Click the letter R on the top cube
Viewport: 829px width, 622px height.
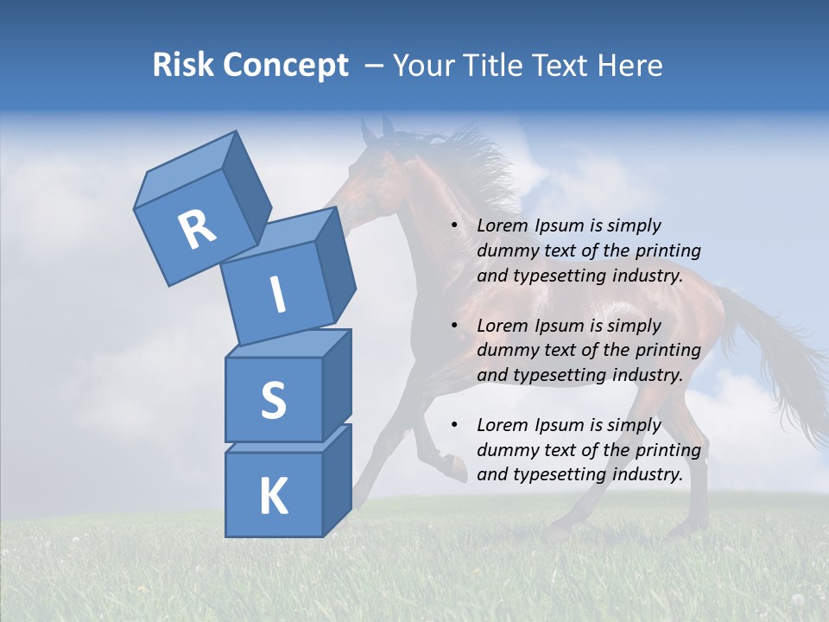click(197, 230)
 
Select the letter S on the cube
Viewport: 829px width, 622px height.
click(273, 400)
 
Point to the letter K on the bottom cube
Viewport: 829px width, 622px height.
click(273, 497)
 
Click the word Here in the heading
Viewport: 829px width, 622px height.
click(630, 66)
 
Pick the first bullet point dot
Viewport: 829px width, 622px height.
click(454, 226)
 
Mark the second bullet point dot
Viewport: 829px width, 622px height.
click(454, 327)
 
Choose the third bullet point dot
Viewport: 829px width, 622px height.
click(454, 426)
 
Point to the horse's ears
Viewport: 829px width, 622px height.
click(377, 130)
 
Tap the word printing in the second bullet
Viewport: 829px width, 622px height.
click(668, 351)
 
